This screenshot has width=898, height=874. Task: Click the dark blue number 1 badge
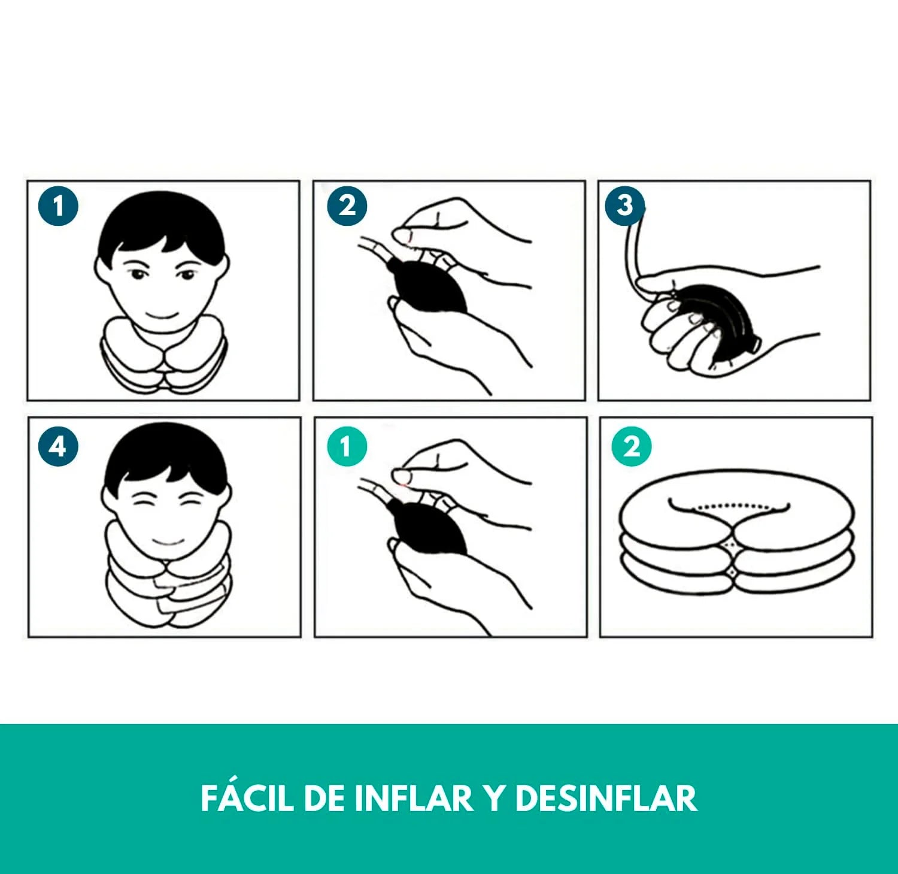click(x=58, y=206)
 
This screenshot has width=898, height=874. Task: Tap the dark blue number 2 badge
click(x=347, y=206)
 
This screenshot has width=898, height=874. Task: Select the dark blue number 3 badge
click(x=624, y=205)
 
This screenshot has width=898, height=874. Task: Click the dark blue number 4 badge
click(x=58, y=446)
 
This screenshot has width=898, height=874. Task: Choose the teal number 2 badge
click(x=632, y=446)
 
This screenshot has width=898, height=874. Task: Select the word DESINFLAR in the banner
click(x=606, y=798)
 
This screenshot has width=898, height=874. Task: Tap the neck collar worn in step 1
click(x=162, y=356)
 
